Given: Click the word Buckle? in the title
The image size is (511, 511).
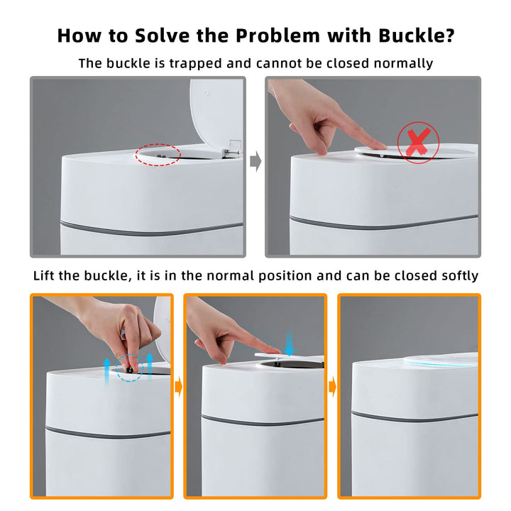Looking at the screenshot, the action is click(416, 35).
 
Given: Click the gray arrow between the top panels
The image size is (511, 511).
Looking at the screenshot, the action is click(255, 160).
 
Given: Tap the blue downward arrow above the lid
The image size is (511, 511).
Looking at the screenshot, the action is click(289, 343).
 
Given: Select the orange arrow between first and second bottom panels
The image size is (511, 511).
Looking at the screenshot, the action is click(179, 387).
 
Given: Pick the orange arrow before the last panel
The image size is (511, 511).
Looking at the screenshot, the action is click(332, 387).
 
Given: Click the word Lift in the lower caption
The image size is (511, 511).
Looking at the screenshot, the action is click(44, 275).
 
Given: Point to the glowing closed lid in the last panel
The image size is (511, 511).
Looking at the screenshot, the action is click(441, 359).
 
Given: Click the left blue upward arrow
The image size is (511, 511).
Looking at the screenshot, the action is click(106, 371).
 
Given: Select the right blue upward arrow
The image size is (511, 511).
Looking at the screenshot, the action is click(150, 366).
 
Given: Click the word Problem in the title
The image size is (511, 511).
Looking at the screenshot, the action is click(278, 35).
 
